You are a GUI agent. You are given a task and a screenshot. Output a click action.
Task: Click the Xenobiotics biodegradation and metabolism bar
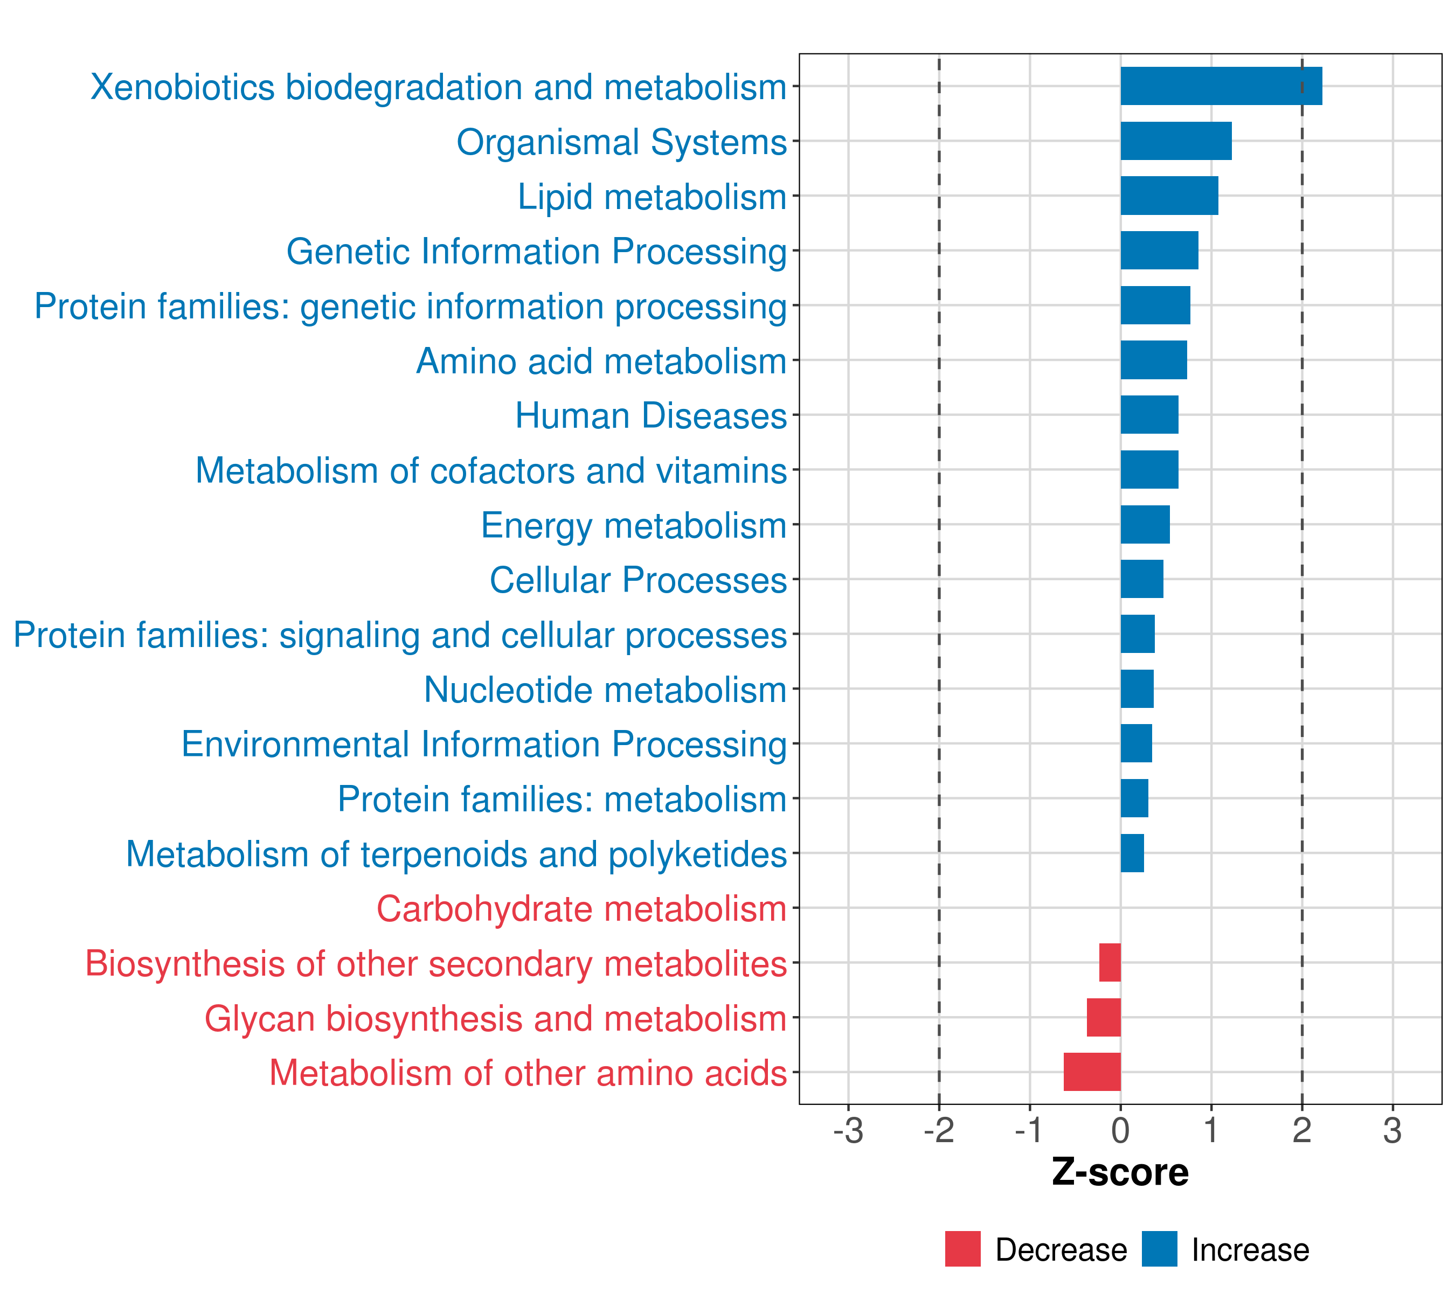point(1221,86)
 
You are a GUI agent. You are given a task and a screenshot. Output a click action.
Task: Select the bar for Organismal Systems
point(1176,141)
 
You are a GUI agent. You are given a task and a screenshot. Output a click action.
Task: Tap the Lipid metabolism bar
point(1169,196)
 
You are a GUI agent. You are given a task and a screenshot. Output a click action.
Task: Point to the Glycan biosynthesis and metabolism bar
point(1103,1017)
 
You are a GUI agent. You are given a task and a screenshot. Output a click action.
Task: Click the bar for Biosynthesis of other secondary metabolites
point(1110,962)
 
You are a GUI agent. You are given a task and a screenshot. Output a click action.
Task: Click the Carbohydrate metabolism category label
point(581,909)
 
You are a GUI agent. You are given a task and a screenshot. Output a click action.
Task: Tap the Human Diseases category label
point(650,415)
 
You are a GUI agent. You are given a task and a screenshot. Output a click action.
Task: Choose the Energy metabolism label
point(634,526)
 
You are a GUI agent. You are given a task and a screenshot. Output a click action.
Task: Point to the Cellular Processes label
point(638,580)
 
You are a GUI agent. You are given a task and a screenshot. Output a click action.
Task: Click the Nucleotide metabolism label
point(605,690)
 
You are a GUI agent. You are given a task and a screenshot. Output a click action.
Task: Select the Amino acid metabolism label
point(601,361)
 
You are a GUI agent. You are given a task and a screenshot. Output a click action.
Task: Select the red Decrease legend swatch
point(962,1249)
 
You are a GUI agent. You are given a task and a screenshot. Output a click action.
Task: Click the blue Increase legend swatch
point(1159,1249)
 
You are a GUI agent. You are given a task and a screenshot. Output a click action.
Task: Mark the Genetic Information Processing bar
point(1159,251)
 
